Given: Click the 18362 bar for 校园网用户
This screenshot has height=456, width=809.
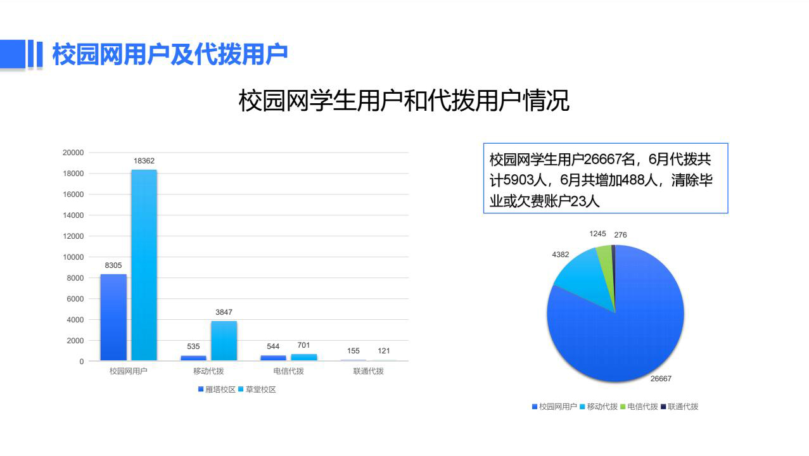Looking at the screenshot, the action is point(144,265).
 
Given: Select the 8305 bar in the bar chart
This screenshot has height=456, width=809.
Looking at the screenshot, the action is point(113,317).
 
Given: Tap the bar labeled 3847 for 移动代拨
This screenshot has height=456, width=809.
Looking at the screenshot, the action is point(224,341).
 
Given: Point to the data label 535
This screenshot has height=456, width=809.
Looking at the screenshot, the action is point(193,346).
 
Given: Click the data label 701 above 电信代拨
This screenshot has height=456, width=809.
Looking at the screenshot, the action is point(303,345).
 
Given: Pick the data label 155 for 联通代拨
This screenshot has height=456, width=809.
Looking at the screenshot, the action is point(354,351).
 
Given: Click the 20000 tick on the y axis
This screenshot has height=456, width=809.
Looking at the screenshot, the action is point(73,153).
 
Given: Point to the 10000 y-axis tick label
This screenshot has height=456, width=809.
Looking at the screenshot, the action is point(73,257).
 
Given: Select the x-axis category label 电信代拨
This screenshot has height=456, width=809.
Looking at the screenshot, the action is point(289,371).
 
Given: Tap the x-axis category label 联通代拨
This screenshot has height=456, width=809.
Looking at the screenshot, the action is point(368,371).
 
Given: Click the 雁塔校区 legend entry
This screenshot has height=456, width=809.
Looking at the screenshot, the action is point(217,389).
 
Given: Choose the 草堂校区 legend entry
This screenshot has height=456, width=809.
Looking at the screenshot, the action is point(257,389).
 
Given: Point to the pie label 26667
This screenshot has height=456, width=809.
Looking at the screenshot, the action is point(661,379).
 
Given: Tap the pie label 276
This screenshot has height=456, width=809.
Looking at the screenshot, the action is point(620,235).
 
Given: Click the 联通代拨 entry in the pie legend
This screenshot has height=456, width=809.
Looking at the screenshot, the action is point(680,407).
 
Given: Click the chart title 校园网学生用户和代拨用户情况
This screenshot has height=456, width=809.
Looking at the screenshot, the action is point(404,100).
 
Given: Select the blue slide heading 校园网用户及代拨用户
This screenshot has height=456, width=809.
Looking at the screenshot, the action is point(170,54).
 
